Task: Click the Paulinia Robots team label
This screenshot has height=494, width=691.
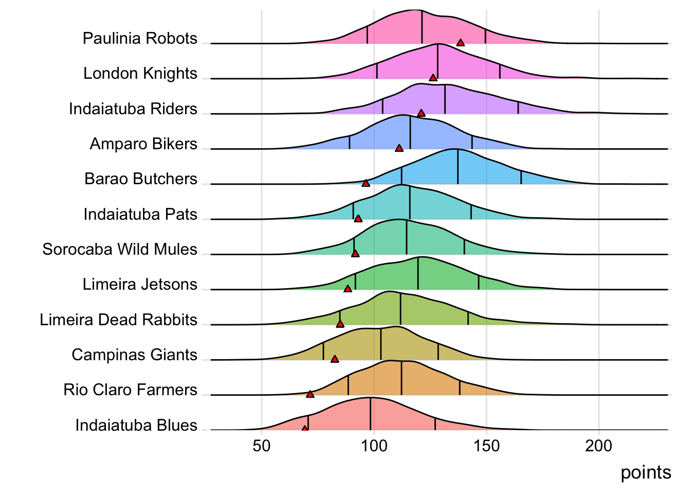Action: [140, 39]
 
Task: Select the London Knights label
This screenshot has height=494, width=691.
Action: [140, 74]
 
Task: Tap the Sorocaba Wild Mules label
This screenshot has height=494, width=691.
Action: [120, 250]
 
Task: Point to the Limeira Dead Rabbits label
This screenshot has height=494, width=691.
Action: [119, 320]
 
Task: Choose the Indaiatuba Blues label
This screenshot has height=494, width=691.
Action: [136, 426]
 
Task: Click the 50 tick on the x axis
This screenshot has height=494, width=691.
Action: [262, 446]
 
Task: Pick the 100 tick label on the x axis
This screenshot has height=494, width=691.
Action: [374, 446]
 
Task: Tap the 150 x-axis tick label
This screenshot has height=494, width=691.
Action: [486, 446]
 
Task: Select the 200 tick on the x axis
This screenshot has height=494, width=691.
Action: [598, 446]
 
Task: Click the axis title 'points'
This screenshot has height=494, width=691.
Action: [646, 472]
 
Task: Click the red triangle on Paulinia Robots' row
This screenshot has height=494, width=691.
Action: [461, 43]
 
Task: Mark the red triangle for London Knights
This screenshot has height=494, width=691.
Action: [433, 78]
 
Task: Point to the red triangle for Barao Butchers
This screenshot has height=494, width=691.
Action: [366, 183]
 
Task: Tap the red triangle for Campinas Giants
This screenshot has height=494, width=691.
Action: [335, 359]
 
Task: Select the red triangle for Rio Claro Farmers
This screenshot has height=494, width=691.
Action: [310, 394]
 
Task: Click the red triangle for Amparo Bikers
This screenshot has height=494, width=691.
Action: [399, 148]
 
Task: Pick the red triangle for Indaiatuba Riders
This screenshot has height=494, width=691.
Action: [421, 113]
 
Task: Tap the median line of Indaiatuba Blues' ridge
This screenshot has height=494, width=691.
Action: [370, 414]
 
